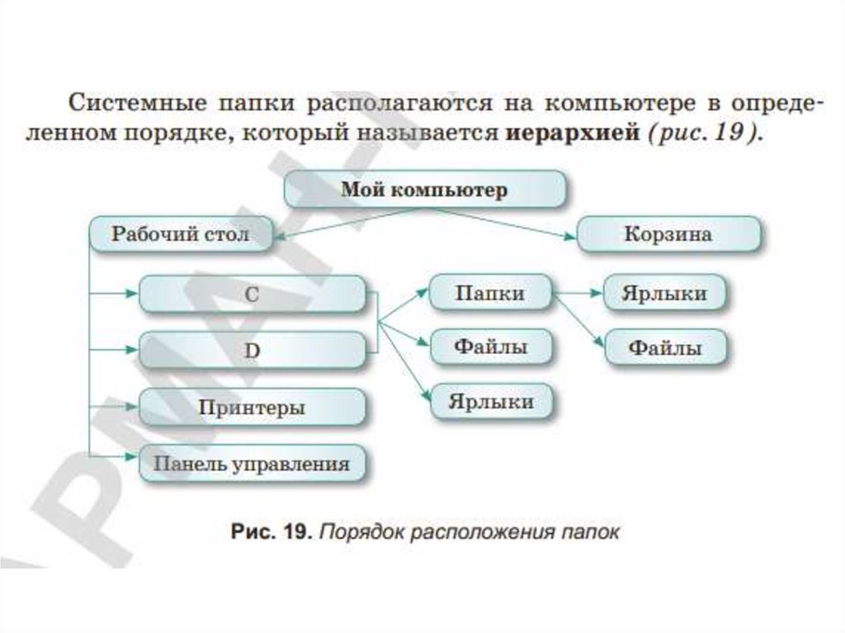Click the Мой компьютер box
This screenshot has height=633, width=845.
click(x=425, y=190)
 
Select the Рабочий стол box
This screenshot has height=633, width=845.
click(x=181, y=234)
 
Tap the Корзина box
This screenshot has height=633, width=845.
click(x=668, y=234)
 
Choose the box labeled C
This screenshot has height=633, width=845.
click(x=252, y=295)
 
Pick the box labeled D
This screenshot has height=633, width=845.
click(x=252, y=350)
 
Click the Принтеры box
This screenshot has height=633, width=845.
click(x=252, y=407)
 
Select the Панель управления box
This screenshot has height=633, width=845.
click(x=252, y=464)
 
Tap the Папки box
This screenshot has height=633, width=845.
click(x=490, y=293)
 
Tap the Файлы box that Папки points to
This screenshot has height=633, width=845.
click(x=667, y=348)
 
